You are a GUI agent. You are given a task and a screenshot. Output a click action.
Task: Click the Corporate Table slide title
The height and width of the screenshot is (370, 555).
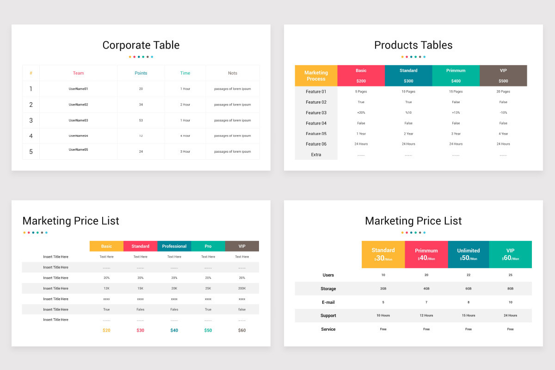coord(141,45)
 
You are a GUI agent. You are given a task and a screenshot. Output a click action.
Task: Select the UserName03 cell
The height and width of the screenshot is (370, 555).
coord(78,120)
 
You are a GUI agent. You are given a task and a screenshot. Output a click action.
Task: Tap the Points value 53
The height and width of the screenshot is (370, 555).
coord(141,120)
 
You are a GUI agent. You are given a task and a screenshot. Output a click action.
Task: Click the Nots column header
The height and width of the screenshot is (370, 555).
coord(232,73)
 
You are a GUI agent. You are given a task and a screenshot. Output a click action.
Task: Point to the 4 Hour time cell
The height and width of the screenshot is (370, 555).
coord(185,136)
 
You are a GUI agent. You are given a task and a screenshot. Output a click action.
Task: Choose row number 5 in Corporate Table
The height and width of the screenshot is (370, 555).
coord(31,152)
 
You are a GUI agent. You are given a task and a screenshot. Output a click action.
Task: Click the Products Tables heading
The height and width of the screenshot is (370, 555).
coord(413,45)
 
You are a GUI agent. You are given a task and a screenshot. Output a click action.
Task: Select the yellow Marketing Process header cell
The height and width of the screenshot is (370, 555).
coord(316,75)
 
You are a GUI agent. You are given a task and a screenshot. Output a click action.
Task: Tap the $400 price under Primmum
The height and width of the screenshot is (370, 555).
coord(456,81)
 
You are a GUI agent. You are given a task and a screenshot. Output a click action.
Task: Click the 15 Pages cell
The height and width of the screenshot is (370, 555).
coord(456,92)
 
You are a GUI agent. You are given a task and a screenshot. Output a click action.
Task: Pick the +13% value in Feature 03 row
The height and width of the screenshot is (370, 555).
coord(456,113)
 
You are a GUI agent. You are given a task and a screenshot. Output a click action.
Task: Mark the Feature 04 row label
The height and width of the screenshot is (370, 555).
coord(316,123)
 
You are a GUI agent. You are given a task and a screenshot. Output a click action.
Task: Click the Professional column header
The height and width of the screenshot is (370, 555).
coord(174,246)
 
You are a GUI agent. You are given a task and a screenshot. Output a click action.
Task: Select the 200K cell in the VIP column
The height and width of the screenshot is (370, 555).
coord(242,289)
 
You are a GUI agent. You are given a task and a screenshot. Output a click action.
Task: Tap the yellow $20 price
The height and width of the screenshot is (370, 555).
coord(106,330)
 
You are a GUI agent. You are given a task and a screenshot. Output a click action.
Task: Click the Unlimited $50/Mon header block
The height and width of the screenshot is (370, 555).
coord(469,254)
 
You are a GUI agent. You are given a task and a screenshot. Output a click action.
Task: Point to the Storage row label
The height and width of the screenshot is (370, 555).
coord(328,289)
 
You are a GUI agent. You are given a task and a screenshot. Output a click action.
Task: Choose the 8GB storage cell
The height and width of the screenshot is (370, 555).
coord(510,289)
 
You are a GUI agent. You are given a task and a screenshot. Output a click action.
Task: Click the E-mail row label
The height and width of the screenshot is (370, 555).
coord(328,302)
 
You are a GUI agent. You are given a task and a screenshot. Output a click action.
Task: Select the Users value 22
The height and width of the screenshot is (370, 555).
coord(469,275)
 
